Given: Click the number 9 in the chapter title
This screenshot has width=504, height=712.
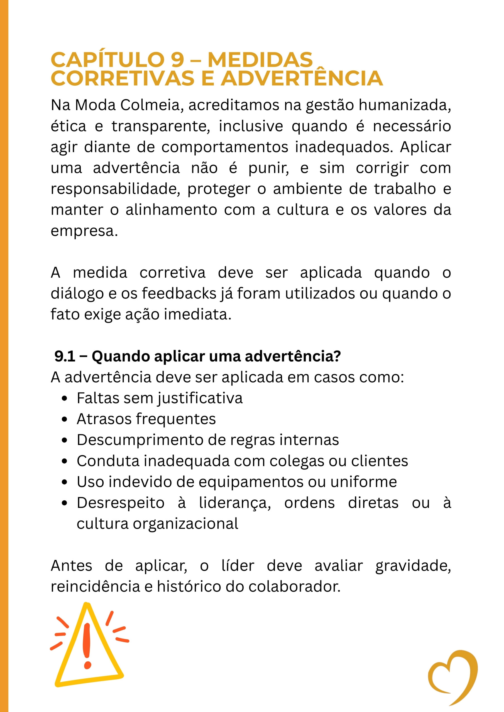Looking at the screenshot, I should point(177,60).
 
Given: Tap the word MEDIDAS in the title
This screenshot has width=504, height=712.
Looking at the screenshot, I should point(260,60).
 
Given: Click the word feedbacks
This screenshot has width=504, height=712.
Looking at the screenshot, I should point(179,293).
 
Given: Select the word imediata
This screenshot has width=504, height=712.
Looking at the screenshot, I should point(197,315).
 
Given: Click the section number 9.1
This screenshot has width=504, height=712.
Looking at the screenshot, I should point(65,356).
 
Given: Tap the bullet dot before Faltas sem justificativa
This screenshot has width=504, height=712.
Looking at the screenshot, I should point(65,399).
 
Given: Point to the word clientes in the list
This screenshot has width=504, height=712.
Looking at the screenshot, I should point(380,461).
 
